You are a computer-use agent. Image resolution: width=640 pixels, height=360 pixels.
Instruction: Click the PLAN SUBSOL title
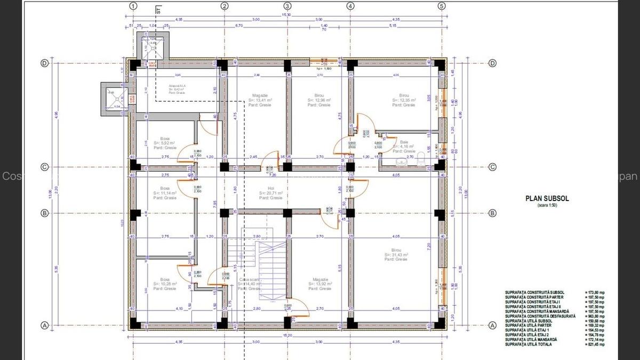547,198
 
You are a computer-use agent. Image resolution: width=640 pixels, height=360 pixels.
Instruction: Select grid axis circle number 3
287,6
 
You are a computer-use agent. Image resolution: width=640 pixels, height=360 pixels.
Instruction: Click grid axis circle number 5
442,6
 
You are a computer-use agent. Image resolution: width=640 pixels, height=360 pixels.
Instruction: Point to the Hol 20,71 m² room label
270,193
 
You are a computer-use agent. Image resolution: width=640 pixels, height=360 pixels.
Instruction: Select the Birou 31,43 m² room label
396,255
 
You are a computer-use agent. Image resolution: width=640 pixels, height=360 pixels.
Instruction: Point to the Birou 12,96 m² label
319,100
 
